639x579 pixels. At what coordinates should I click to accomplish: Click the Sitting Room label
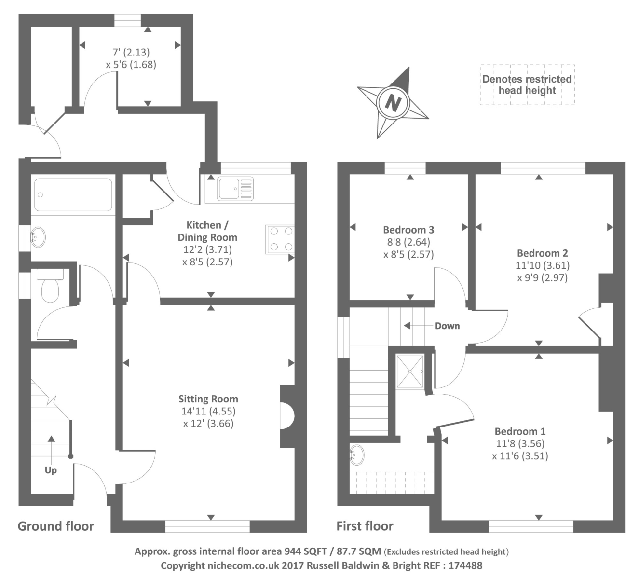coord(208,399)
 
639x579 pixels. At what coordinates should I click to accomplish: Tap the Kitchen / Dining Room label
coord(207,231)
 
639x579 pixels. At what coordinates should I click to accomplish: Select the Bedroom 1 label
coord(520,431)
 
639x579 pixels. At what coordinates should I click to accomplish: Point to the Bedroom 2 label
coord(542,253)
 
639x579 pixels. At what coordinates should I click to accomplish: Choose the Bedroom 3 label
coord(408,230)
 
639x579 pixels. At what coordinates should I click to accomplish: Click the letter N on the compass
coord(394,103)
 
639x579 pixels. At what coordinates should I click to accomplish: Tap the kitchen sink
coord(235,188)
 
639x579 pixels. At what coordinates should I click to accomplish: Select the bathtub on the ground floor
coord(73,195)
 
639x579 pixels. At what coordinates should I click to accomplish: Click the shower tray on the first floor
coord(410,371)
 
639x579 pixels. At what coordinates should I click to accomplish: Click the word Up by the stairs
coord(51,470)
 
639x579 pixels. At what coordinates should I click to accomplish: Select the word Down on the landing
coord(447,326)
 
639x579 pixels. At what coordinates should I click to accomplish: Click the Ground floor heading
coord(56,526)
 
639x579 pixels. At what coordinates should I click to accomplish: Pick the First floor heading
coord(365,526)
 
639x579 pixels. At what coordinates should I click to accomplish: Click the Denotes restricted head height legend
coord(527,85)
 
